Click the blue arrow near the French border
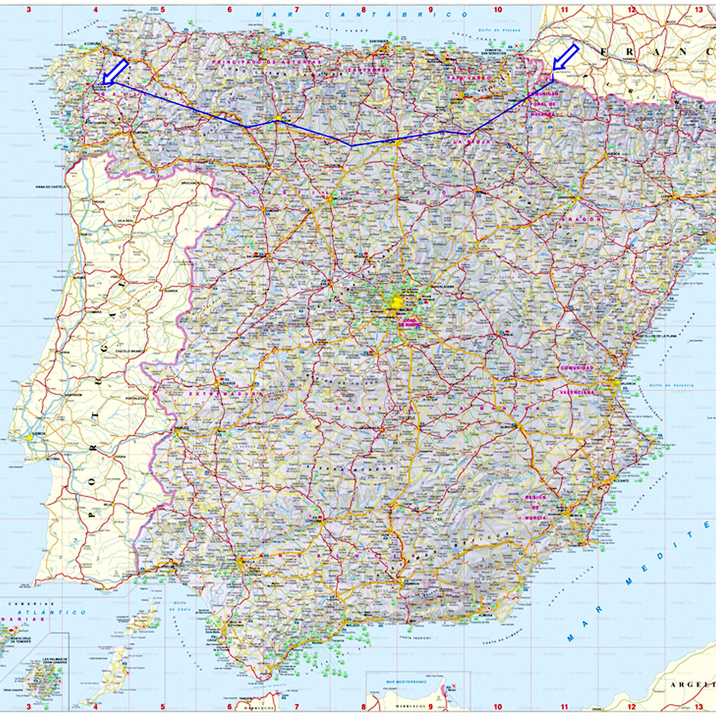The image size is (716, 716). click(566, 57)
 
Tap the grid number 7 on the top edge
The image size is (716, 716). click(296, 10)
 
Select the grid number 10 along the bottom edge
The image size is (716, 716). click(497, 707)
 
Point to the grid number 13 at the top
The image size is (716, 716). click(698, 10)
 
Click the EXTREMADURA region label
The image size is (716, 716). click(226, 394)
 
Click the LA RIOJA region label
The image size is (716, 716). click(467, 142)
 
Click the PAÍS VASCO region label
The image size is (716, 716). click(468, 78)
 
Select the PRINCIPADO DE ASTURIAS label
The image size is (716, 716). click(266, 61)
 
